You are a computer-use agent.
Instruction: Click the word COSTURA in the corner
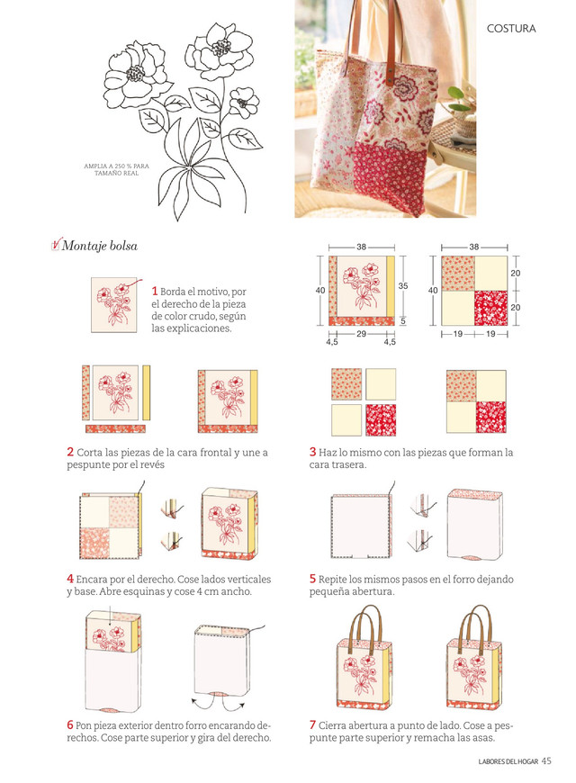coord(511,29)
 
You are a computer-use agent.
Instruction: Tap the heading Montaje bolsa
coord(99,246)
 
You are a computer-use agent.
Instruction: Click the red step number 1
coord(155,291)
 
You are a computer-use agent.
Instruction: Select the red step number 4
coord(70,579)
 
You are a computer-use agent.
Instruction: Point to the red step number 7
coord(312,724)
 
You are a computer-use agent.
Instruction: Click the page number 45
coord(546,760)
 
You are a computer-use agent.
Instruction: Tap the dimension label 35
coord(402,285)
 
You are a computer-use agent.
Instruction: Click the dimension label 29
coord(361,334)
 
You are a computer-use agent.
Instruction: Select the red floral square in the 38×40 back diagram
coord(490,308)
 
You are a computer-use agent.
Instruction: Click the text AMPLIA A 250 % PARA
coord(116,166)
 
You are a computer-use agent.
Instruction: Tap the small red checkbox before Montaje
coord(56,244)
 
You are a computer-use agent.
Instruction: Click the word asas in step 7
coord(483,737)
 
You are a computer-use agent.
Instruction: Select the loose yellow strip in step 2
coord(147,392)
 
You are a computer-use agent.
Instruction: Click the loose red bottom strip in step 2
coord(115,428)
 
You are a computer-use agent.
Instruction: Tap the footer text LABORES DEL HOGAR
coord(508,761)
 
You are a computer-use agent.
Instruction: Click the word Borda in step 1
coord(174,291)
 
